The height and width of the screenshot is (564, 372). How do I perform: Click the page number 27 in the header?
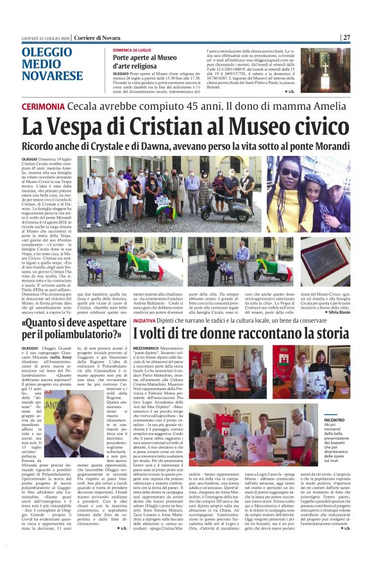(346, 37)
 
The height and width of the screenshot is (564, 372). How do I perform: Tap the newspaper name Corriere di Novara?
(95, 38)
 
